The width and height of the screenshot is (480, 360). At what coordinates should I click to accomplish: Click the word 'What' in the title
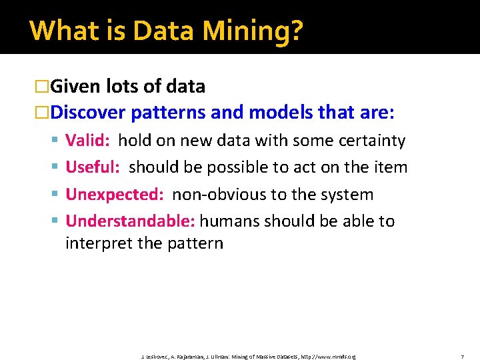tap(57, 31)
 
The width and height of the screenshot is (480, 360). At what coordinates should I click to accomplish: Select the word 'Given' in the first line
tap(74, 87)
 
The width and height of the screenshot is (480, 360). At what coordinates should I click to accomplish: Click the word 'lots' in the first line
tap(119, 87)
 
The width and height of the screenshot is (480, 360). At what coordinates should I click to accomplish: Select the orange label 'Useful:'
tap(93, 167)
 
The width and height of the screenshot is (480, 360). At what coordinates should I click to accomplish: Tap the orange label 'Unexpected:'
tap(115, 195)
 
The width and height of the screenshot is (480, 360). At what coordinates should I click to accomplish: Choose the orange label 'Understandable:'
tap(130, 221)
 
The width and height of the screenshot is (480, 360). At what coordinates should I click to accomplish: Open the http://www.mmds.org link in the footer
tap(328, 357)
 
